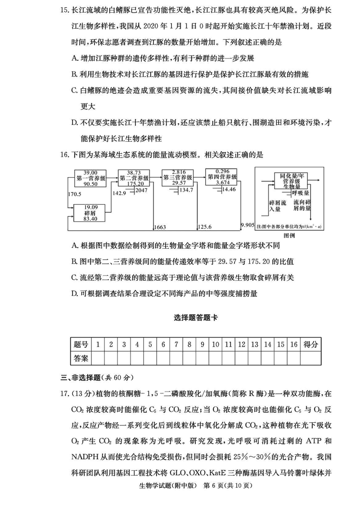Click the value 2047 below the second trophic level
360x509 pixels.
click(141, 191)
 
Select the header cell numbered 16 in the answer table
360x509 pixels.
click(294, 344)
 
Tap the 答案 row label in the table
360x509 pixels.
click(81, 358)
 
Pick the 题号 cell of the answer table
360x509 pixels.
click(81, 344)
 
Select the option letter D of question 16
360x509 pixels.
click(75, 294)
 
